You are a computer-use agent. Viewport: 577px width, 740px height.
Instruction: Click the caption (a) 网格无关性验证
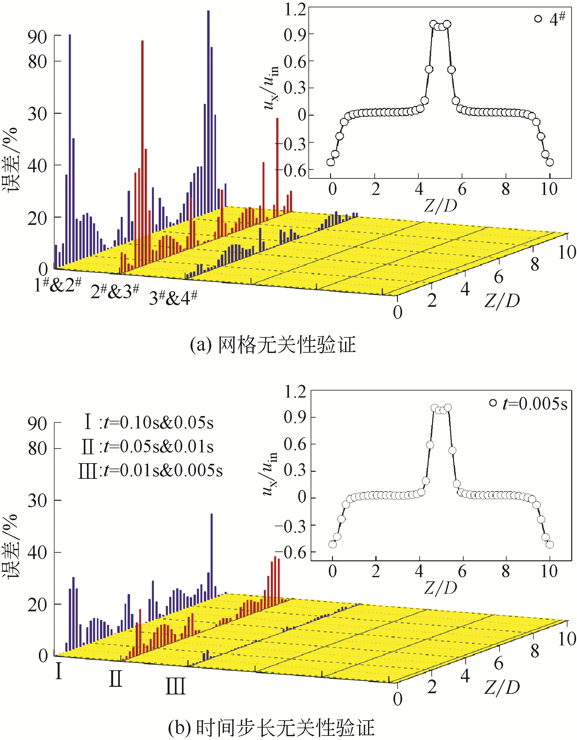click(273, 345)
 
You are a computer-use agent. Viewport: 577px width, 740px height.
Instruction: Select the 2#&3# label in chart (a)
click(114, 291)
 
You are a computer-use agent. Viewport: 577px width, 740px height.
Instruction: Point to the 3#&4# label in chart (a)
click(173, 297)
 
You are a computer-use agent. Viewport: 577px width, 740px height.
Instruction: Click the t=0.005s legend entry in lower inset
click(529, 404)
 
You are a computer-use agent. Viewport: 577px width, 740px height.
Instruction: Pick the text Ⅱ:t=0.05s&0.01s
click(148, 447)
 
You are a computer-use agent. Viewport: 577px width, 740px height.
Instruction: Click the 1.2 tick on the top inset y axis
click(295, 9)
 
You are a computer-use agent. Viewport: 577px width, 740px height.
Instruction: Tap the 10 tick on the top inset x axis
click(549, 189)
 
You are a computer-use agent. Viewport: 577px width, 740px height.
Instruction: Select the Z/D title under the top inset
click(440, 205)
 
